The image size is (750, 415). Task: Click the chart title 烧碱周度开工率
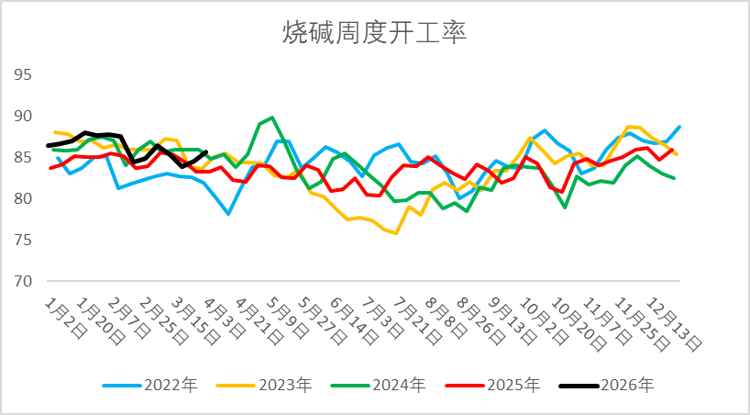coord(374,34)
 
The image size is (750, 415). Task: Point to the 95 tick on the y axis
coord(22,74)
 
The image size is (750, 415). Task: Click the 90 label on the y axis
coord(22,116)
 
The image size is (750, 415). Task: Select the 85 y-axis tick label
coord(22,157)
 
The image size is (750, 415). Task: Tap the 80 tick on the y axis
coord(22,198)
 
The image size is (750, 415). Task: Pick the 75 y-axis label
coord(22,240)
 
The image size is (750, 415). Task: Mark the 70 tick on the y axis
coord(22,281)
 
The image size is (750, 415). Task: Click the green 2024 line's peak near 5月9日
coord(273,118)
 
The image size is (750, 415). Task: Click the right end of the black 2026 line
coord(206,152)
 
